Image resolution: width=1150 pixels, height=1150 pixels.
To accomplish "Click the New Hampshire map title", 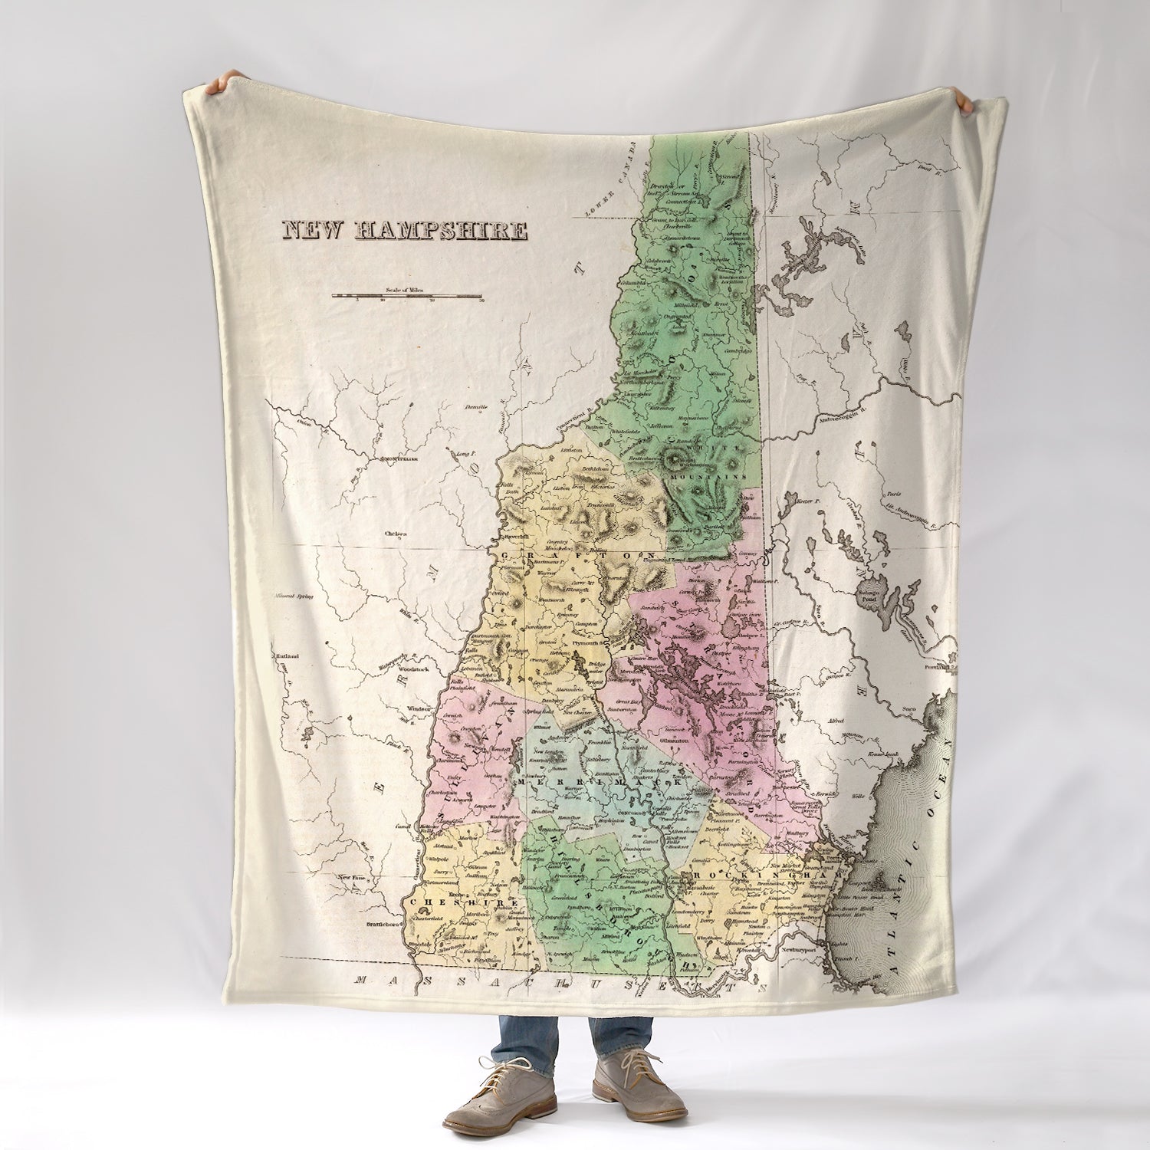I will click(x=406, y=231).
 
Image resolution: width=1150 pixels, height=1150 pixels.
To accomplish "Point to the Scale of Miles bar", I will click(x=407, y=295).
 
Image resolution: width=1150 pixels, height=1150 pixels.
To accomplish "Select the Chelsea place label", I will click(x=375, y=533).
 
